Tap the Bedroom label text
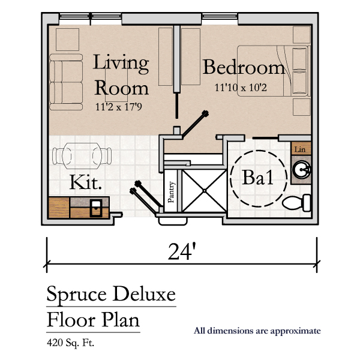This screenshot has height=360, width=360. (244, 67)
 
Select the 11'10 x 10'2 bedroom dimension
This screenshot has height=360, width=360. (241, 88)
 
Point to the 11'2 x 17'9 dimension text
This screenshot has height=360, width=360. (119, 107)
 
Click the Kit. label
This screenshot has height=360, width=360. (85, 182)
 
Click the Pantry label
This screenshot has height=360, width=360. (171, 192)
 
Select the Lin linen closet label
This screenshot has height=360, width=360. (300, 149)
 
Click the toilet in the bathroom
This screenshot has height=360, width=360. (296, 203)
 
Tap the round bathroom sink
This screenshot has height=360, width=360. (301, 170)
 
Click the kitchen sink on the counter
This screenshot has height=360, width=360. (96, 208)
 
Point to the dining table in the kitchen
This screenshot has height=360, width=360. (82, 156)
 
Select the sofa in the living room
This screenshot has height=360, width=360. (66, 82)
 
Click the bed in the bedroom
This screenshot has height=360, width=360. (274, 71)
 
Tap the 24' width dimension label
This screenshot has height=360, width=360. (182, 251)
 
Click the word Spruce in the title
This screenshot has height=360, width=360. (76, 295)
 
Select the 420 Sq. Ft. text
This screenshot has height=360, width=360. (70, 343)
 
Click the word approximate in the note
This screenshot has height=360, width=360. (295, 331)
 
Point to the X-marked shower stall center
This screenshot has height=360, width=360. (205, 191)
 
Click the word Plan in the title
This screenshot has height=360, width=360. (121, 320)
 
